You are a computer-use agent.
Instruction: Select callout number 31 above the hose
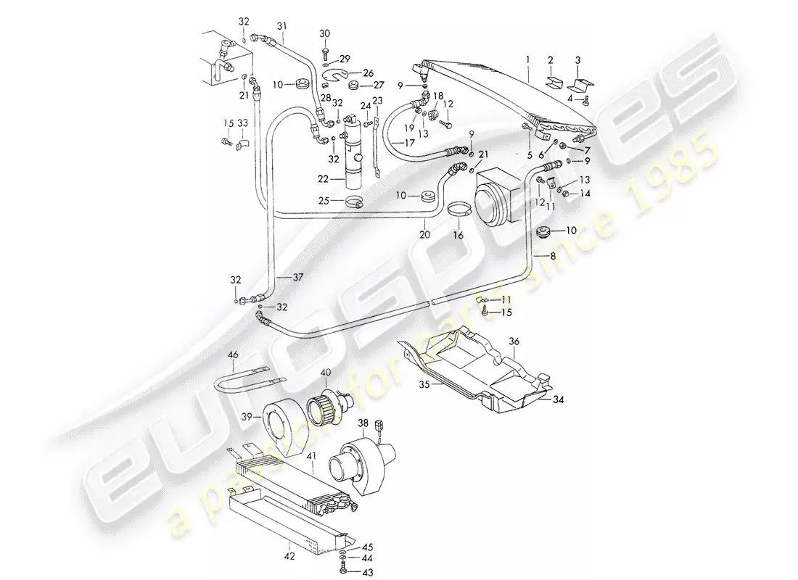[281, 27]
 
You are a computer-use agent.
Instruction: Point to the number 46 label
[233, 355]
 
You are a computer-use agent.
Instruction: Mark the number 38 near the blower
[363, 423]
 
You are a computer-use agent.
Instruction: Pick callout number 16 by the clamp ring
[458, 236]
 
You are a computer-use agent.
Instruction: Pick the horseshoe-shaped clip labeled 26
[338, 75]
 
